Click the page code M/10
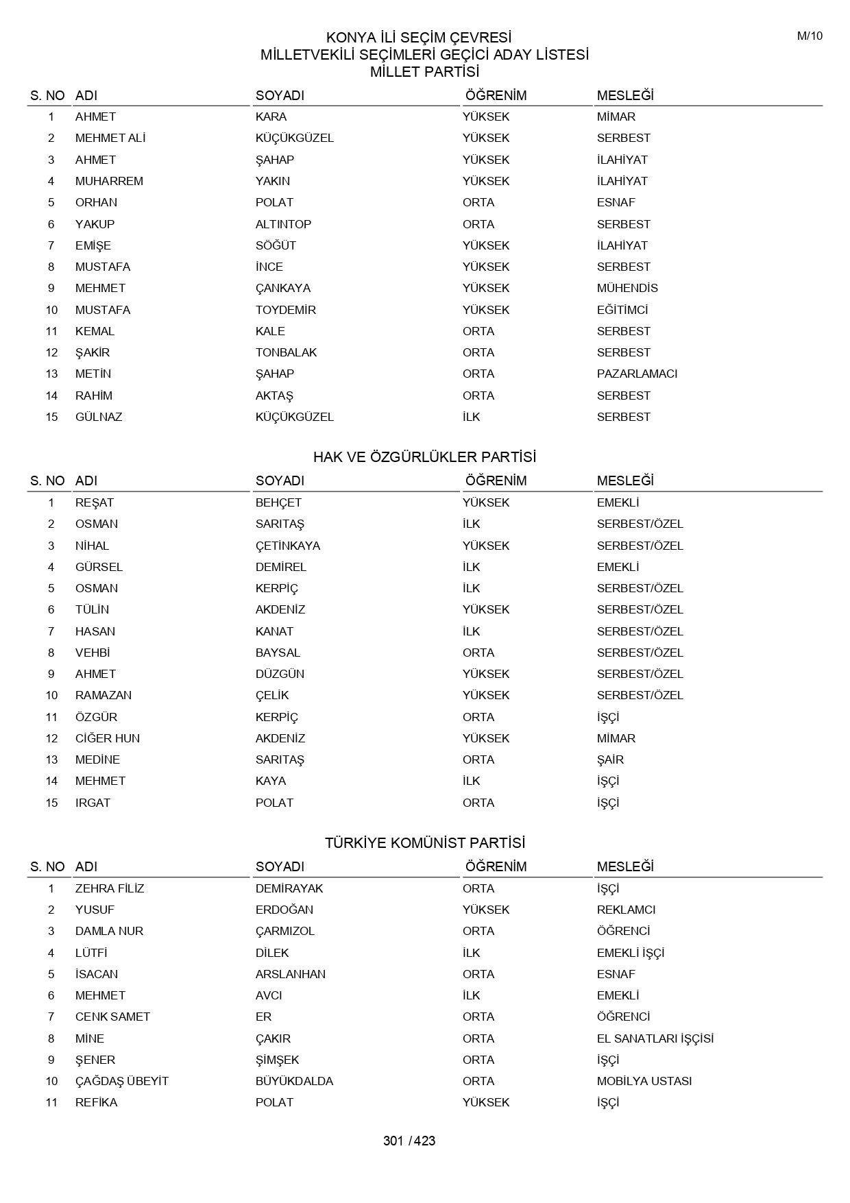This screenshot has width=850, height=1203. [x=810, y=36]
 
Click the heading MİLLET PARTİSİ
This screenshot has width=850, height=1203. [x=424, y=72]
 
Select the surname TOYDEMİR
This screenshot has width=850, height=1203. [x=285, y=310]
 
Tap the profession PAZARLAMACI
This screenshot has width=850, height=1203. [x=637, y=374]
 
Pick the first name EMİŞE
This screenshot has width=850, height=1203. [x=93, y=245]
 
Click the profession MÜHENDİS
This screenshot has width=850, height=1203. [x=627, y=288]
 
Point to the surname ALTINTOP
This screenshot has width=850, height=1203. [x=283, y=224]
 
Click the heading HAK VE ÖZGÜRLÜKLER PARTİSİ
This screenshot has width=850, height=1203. [x=424, y=457]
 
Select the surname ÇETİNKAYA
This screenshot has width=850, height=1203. [x=287, y=546]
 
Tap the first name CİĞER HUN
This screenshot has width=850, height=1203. [x=107, y=738]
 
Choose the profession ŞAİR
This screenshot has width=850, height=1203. [x=610, y=760]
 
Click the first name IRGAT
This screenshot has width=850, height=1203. [x=93, y=803]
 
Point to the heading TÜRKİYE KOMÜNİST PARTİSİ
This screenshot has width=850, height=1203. [x=424, y=843]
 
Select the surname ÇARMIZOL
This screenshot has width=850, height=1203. [x=284, y=931]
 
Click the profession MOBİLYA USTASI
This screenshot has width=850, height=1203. [x=644, y=1081]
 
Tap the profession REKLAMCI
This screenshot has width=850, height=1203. [x=626, y=910]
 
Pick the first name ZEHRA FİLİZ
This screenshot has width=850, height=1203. [x=110, y=888]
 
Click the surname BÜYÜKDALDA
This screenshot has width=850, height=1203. [x=294, y=1081]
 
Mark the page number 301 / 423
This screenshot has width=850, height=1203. [x=409, y=1141]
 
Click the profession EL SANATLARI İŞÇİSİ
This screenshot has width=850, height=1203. [x=655, y=1038]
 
